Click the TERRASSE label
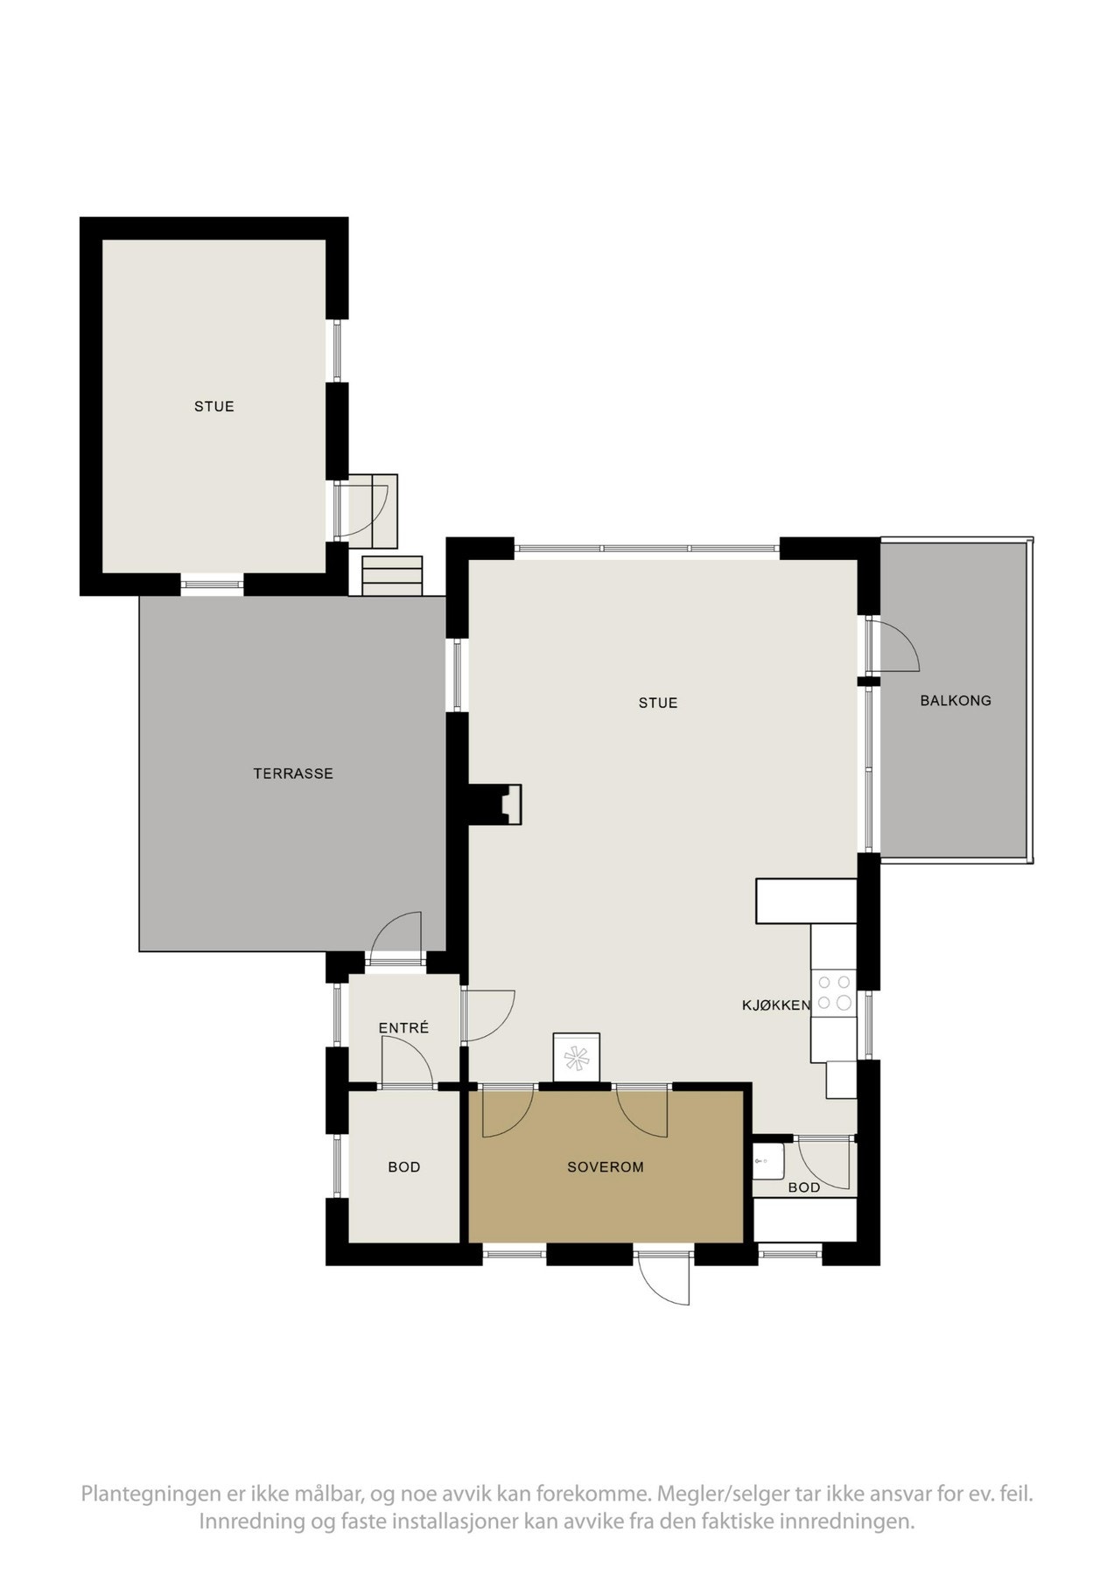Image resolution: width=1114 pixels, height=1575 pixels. click(293, 773)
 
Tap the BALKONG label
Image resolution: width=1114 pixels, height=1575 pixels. click(955, 700)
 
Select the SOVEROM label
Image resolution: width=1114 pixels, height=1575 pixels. click(605, 1166)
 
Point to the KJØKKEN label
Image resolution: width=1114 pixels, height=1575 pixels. click(776, 1005)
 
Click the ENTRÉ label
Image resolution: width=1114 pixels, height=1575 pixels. click(403, 1028)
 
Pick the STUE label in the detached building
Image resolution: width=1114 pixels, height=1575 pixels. click(214, 406)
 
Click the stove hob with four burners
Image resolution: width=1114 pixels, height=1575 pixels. click(833, 993)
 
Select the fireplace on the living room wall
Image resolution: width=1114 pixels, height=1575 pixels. click(506, 804)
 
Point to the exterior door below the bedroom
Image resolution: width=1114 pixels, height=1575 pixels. click(665, 1281)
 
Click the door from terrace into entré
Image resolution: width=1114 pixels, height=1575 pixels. click(396, 937)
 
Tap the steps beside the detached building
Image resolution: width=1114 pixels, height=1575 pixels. click(392, 576)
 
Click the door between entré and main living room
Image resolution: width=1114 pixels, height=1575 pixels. click(486, 1015)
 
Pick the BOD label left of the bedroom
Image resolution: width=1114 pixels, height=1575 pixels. click(403, 1166)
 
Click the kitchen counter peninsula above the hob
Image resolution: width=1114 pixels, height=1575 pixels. click(805, 901)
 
